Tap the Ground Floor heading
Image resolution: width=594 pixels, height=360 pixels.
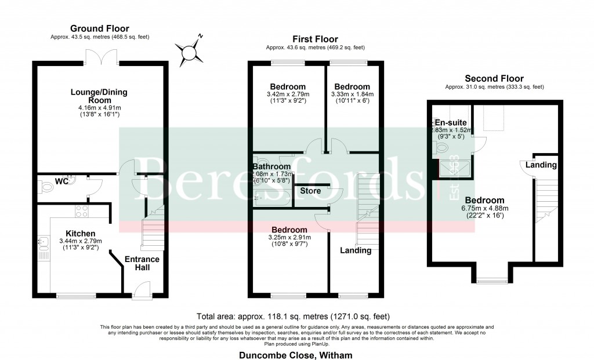pos(99,28)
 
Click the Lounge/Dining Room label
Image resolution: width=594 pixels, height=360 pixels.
pos(99,96)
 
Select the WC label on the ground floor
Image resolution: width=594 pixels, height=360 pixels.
pos(62,181)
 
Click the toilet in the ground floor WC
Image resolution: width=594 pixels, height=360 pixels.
pos(45,187)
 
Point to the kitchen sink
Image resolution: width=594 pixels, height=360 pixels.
pos(42,246)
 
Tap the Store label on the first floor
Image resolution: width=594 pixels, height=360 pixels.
pos(310,191)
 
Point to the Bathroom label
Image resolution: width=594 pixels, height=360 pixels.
pos(271,166)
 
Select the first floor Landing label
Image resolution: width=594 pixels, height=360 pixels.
pos(356,250)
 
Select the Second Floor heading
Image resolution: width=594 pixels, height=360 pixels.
pos(494,79)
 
